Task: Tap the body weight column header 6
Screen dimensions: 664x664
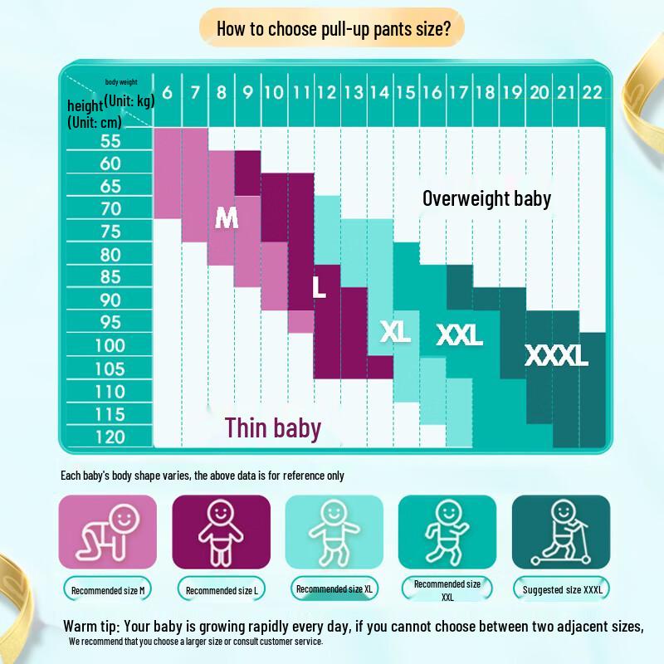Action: pyautogui.click(x=167, y=92)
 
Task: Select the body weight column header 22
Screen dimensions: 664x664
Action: pyautogui.click(x=591, y=92)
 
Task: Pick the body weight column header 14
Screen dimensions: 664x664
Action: pyautogui.click(x=379, y=92)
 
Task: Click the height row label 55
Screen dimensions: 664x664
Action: pyautogui.click(x=110, y=140)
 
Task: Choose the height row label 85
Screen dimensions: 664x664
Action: pyautogui.click(x=110, y=277)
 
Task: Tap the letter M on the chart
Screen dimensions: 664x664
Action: pyautogui.click(x=227, y=217)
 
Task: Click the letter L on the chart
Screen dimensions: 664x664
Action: pyautogui.click(x=319, y=287)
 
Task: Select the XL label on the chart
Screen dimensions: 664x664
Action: pyautogui.click(x=396, y=331)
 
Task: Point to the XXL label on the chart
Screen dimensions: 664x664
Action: pyautogui.click(x=459, y=334)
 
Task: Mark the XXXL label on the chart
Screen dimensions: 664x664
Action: pyautogui.click(x=556, y=356)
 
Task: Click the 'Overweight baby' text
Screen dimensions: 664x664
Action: pyautogui.click(x=486, y=198)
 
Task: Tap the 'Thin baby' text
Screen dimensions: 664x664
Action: pyautogui.click(x=272, y=427)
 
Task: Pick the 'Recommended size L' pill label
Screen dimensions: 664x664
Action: pyautogui.click(x=221, y=591)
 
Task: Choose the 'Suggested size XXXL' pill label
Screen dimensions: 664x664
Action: pyautogui.click(x=561, y=590)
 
